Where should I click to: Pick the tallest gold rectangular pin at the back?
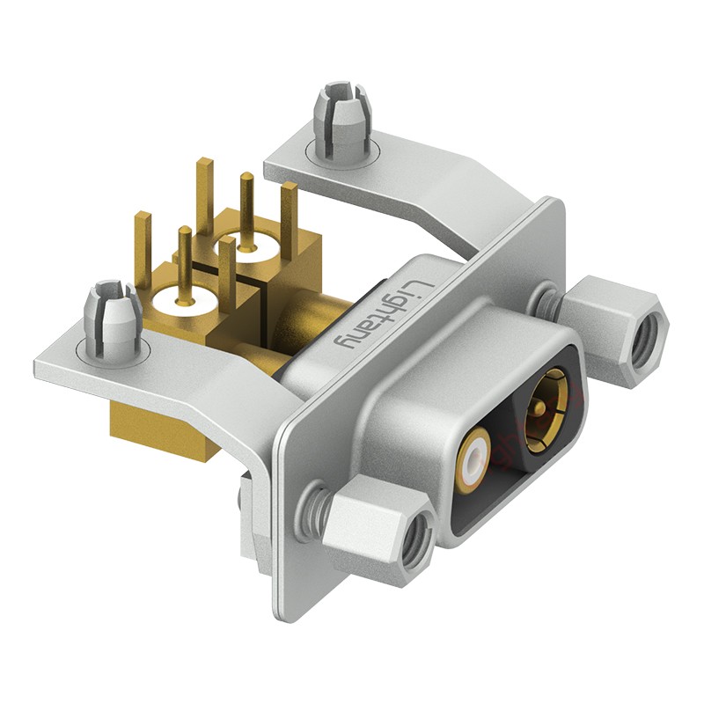coord(205,196)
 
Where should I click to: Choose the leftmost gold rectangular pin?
coord(143,250)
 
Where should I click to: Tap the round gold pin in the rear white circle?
coord(246,211)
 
